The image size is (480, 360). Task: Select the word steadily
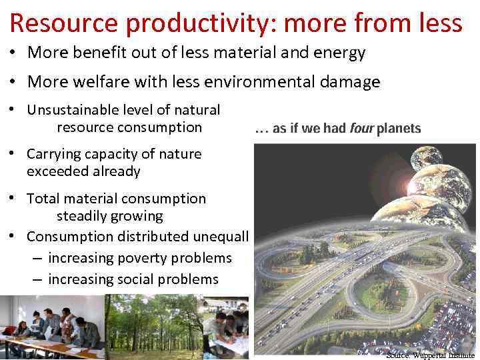tap(84, 216)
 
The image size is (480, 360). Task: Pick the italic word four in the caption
tap(362, 129)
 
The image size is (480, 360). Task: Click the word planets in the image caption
tap(399, 129)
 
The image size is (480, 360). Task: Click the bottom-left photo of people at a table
tap(52, 327)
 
